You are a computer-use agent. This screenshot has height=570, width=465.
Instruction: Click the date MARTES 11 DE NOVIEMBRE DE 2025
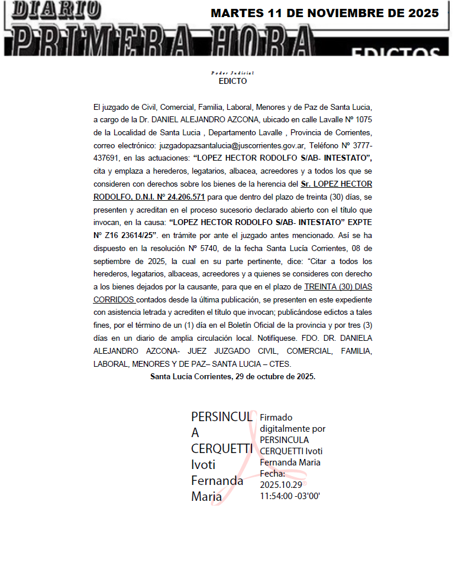click(x=325, y=13)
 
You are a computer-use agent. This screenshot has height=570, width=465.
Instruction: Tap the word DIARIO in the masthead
click(x=56, y=9)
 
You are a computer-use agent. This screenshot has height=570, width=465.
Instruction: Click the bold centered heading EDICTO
click(x=233, y=81)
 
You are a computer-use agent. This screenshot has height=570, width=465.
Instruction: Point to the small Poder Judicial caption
click(x=233, y=73)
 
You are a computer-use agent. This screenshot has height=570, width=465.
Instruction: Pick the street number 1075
click(x=362, y=119)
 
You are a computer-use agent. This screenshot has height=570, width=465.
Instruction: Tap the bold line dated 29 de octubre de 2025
click(x=233, y=376)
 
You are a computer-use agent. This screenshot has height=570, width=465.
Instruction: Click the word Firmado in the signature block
click(x=276, y=418)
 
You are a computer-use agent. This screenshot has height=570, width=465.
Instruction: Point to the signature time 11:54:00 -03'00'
click(x=290, y=496)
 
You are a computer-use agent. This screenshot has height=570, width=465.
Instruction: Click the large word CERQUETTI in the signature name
click(x=222, y=449)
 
